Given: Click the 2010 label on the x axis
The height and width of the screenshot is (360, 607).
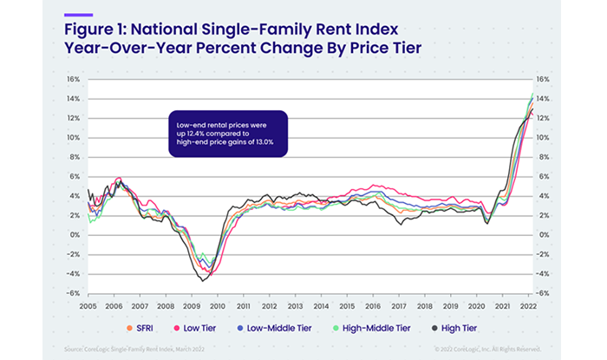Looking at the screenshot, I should click(217, 307).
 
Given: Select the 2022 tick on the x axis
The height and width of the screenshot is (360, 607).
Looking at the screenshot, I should click(526, 307).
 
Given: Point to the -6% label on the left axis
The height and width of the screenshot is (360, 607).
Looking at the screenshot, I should click(74, 293).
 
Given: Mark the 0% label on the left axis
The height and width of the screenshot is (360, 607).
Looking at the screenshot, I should click(75, 235).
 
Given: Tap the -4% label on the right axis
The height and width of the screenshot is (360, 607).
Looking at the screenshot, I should click(544, 274).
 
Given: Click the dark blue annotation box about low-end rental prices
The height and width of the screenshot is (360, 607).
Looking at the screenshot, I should click(226, 134).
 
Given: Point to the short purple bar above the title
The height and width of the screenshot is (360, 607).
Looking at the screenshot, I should click(78, 15).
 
